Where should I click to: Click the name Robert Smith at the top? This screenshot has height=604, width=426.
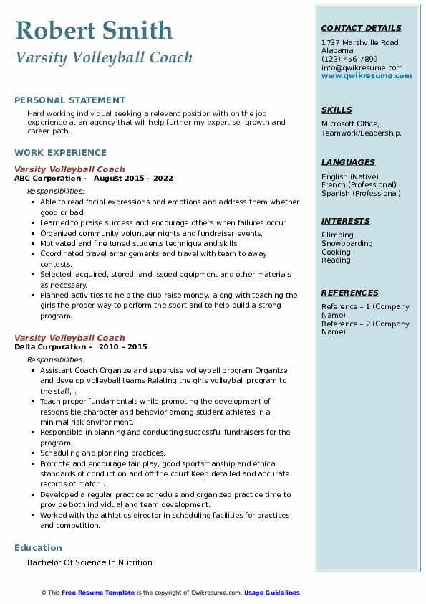coord(94,30)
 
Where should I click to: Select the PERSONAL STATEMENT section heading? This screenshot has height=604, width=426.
coord(69,100)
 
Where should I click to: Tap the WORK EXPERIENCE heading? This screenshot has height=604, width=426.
coord(60,152)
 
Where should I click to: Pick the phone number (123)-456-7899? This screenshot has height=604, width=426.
coord(349,60)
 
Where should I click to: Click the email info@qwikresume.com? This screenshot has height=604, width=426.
coord(362,67)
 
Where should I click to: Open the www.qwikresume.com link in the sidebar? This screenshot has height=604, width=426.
coord(367,75)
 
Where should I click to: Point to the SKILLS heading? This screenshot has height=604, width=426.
coord(337,110)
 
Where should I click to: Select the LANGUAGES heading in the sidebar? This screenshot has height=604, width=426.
coord(348,162)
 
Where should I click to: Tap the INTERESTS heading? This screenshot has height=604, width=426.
coord(346,221)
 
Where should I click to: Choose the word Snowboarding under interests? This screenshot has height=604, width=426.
coord(347,243)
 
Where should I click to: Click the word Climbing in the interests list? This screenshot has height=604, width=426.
coord(337,235)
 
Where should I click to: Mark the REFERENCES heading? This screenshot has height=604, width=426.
coord(350,293)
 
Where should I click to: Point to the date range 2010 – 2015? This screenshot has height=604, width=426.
coord(124,346)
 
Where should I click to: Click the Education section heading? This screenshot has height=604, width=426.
coord(38,548)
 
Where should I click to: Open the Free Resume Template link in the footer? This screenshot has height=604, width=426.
coord(98,593)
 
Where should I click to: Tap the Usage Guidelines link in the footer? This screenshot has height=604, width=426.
coord(272,593)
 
